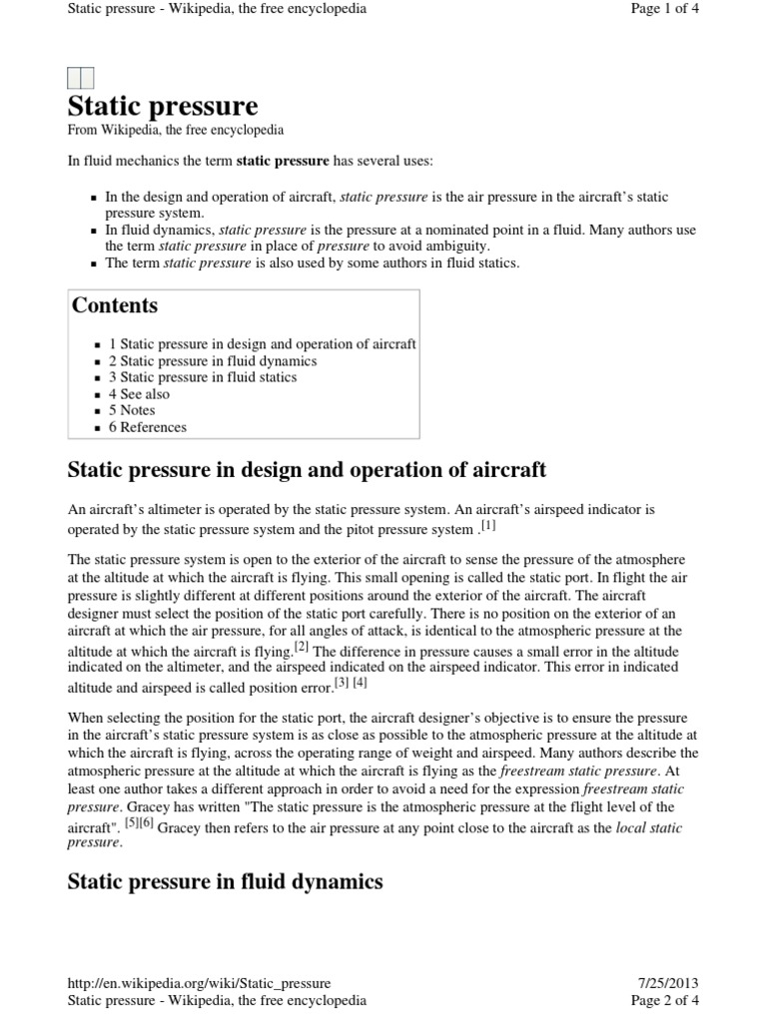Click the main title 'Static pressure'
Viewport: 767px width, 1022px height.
162,106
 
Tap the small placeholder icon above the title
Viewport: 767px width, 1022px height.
80,78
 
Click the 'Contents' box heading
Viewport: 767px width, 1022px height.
115,305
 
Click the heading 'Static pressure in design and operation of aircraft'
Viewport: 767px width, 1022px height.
306,470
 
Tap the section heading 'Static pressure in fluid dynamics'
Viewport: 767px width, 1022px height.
225,881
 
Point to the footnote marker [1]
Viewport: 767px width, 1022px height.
487,524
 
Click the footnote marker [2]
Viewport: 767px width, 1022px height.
301,648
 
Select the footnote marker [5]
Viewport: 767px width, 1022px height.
131,824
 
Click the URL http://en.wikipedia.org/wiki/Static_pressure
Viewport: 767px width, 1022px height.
199,983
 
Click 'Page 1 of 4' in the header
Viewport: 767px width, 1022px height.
665,9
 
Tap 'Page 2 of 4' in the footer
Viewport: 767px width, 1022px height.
665,1000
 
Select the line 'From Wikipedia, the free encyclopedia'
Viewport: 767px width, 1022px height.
175,130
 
